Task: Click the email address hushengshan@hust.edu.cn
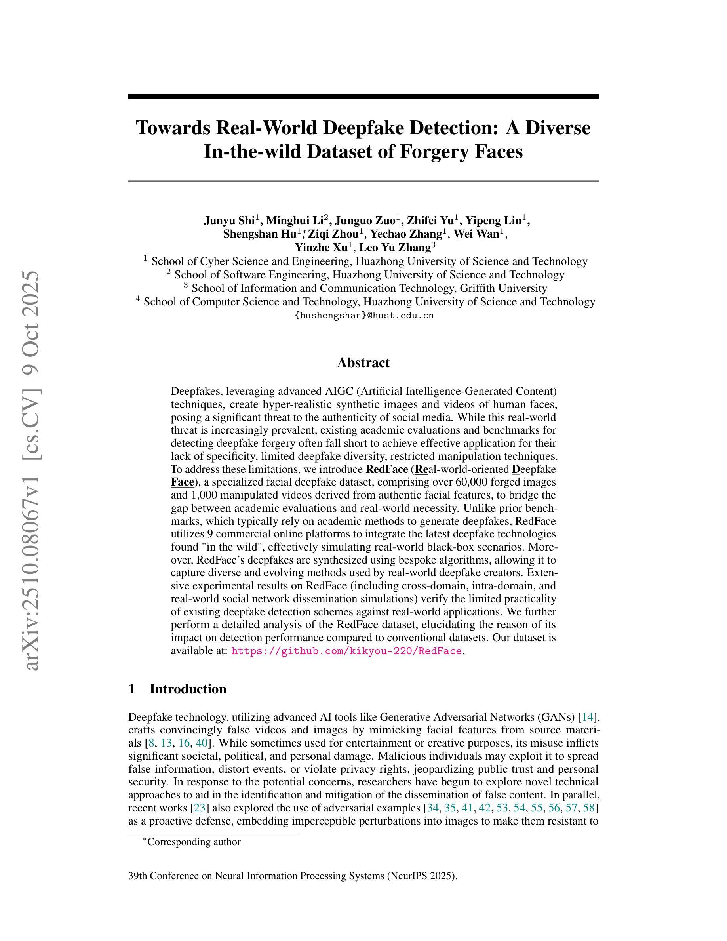pyautogui.click(x=364, y=315)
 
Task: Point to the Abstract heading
pyautogui.click(x=363, y=362)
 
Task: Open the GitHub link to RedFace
pyautogui.click(x=346, y=651)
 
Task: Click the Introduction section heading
pyautogui.click(x=187, y=689)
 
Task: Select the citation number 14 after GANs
pyautogui.click(x=588, y=717)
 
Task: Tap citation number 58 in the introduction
pyautogui.click(x=588, y=808)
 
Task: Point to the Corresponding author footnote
pyautogui.click(x=193, y=842)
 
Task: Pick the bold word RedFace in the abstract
pyautogui.click(x=386, y=469)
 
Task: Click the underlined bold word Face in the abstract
pyautogui.click(x=182, y=482)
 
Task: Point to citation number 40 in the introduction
pyautogui.click(x=201, y=743)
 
